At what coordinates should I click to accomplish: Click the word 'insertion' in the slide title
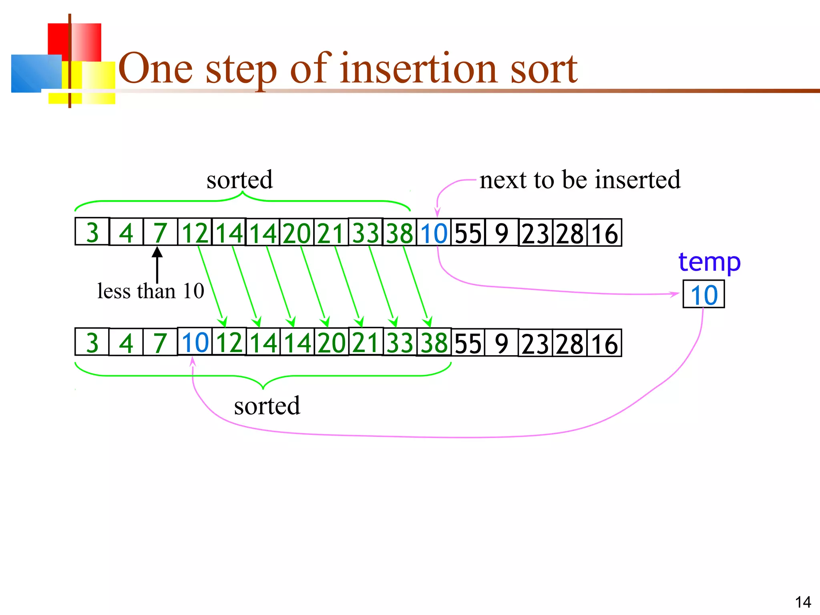click(419, 69)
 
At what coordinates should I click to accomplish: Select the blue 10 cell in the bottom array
click(195, 342)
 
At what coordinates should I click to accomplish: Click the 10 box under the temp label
click(704, 295)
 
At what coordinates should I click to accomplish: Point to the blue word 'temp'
click(709, 262)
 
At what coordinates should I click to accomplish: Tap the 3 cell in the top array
click(92, 232)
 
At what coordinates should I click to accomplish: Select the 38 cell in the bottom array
click(434, 343)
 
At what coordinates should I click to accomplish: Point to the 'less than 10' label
click(151, 291)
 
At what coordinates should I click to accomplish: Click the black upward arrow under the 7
click(157, 264)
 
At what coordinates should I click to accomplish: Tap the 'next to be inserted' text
click(580, 179)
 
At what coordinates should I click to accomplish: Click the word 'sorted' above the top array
click(239, 180)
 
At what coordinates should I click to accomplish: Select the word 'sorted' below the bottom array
click(267, 406)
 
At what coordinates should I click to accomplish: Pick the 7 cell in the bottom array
click(160, 343)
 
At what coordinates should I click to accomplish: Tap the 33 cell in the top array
click(366, 233)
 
